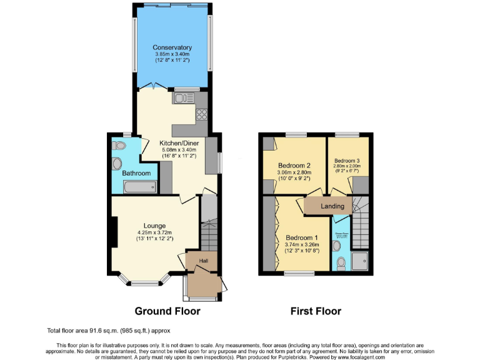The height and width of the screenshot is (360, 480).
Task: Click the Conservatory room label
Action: (172, 47)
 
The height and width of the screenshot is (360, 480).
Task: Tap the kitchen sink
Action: (183, 98)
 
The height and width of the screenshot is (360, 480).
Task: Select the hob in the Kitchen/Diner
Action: (202, 114)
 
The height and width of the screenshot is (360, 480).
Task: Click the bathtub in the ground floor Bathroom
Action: (139, 186)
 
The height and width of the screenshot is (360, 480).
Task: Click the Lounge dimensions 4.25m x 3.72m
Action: (154, 232)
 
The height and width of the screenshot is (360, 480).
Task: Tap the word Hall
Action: (204, 261)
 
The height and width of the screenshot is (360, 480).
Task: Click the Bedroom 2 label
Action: (294, 166)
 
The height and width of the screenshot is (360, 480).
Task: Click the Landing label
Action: (332, 206)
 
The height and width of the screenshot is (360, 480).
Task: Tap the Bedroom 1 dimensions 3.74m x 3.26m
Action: (302, 245)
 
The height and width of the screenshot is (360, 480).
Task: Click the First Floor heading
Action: (316, 311)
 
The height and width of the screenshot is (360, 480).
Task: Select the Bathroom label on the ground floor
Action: (136, 173)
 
